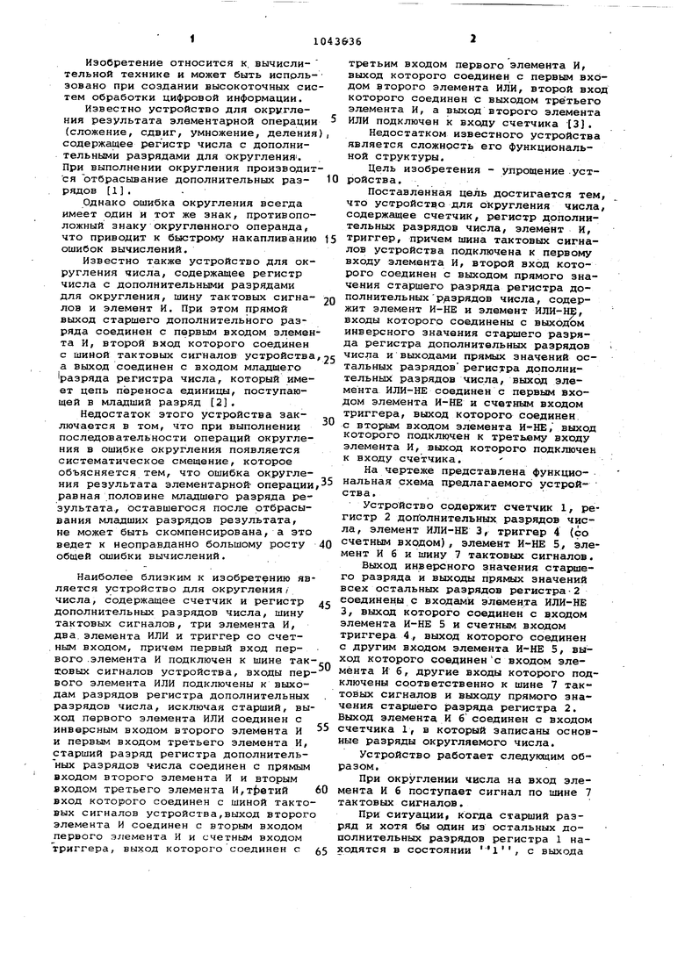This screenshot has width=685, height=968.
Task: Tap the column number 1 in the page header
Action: coord(191,39)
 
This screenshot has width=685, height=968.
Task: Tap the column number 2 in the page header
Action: coord(472,39)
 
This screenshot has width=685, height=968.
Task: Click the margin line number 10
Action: coord(331,178)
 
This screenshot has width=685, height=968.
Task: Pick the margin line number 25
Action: coord(330,359)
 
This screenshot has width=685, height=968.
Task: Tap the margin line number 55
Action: coord(322,728)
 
